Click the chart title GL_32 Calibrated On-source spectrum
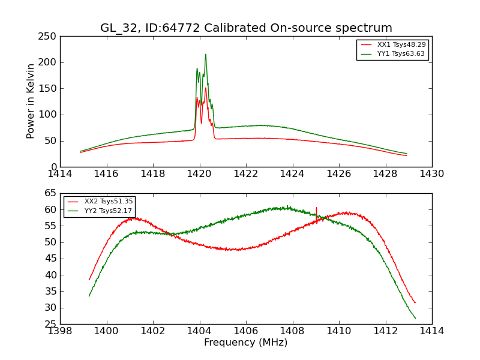[246, 28]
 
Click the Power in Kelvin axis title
[31, 101]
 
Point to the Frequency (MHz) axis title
[246, 343]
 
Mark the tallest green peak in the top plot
[205, 55]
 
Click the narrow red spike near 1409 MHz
[316, 208]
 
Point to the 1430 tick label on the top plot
[431, 174]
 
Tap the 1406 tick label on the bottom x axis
[246, 331]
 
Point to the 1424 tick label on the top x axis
[292, 174]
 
